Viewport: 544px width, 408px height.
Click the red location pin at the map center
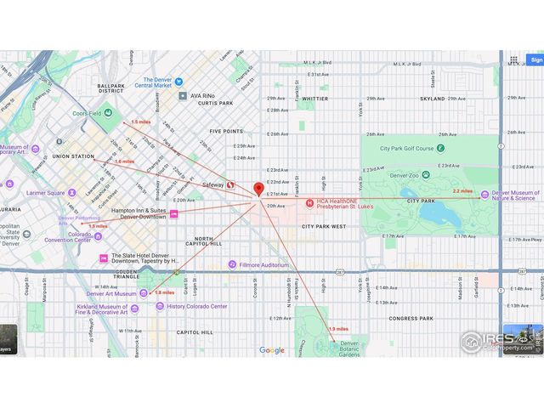point(259,189)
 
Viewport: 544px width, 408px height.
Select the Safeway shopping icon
point(231,185)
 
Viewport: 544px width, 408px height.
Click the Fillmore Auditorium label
point(264,265)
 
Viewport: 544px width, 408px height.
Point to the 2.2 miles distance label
point(462,192)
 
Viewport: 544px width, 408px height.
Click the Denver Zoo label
point(402,174)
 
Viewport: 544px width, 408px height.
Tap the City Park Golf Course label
point(406,149)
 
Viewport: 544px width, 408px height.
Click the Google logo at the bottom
point(272,350)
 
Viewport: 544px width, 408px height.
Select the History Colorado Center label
point(196,306)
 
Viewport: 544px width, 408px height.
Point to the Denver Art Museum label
point(114,293)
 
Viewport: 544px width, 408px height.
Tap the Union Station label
point(73,156)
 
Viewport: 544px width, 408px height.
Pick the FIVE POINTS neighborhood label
point(226,132)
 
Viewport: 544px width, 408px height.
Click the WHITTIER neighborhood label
point(314,99)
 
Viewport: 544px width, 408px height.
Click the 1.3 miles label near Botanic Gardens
point(338,328)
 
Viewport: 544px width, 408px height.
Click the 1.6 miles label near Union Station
point(124,161)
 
